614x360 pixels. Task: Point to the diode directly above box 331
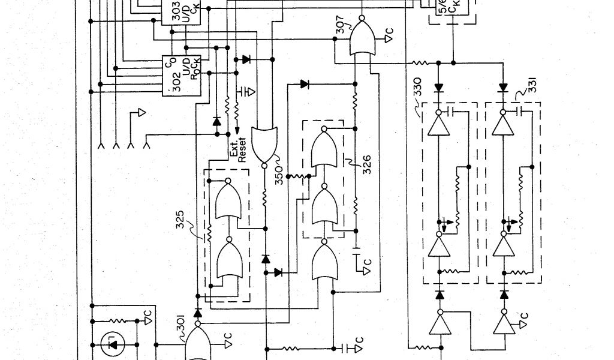click(x=502, y=88)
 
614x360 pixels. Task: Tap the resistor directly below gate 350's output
click(x=264, y=199)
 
